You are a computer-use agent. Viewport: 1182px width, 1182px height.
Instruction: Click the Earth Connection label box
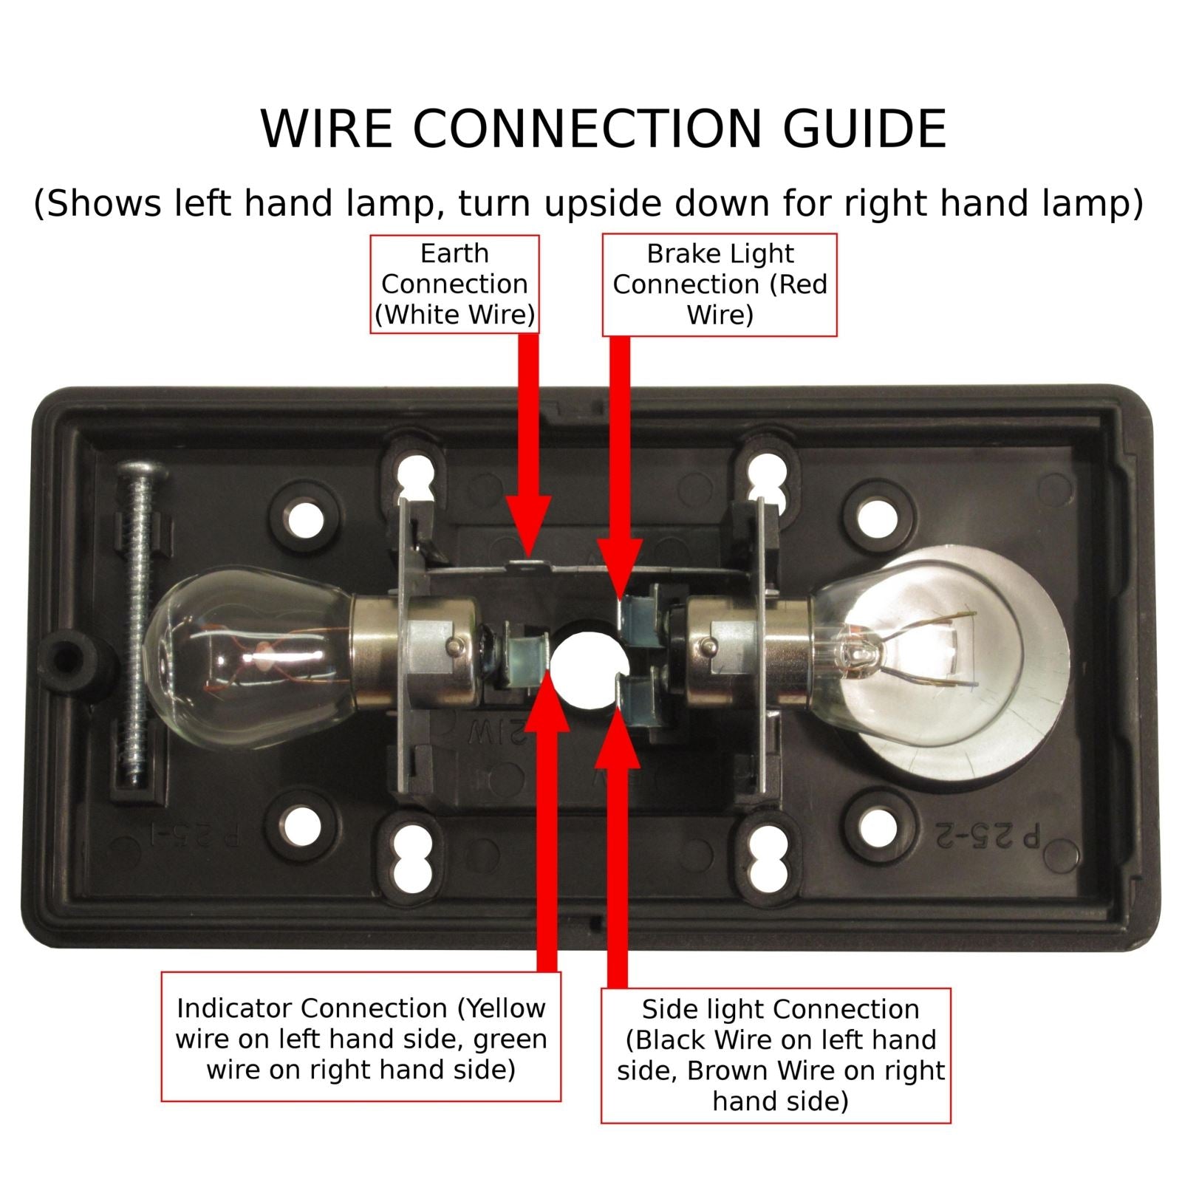tap(454, 284)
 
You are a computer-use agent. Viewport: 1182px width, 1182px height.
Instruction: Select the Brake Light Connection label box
tap(720, 285)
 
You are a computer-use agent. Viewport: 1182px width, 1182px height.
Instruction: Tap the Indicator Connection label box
tap(361, 1037)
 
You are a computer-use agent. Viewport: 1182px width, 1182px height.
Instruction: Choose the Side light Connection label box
tap(776, 1056)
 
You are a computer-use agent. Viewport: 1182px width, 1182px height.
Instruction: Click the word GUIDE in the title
tap(864, 129)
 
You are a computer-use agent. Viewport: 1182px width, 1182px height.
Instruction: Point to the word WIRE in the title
tap(327, 129)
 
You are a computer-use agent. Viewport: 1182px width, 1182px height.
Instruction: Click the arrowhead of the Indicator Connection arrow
tap(547, 699)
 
